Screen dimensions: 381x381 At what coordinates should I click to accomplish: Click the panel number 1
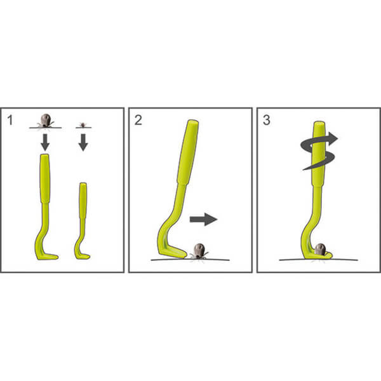10,120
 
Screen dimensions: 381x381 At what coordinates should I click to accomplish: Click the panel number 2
138,120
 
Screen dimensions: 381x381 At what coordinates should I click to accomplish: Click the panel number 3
267,120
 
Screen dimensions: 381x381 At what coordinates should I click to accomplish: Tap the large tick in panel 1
46,121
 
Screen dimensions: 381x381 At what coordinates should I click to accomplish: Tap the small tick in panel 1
83,125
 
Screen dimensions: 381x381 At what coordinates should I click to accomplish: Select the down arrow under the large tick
45,142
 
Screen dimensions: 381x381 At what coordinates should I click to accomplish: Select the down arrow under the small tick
83,142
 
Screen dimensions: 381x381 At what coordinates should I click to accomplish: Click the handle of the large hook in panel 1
45,178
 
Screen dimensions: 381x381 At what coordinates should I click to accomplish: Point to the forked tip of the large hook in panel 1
57,257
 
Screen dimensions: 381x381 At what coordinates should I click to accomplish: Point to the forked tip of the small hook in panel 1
88,257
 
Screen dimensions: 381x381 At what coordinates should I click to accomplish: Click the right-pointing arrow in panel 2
203,219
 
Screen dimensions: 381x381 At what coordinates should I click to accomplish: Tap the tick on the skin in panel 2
199,251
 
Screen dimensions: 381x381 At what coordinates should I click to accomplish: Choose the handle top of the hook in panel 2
194,121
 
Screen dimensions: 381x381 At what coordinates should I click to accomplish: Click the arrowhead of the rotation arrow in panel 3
333,138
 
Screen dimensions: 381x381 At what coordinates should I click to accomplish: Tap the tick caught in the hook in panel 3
320,250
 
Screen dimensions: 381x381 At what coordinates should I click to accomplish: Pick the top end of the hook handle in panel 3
319,123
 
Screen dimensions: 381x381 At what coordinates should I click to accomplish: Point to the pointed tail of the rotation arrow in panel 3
303,170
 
